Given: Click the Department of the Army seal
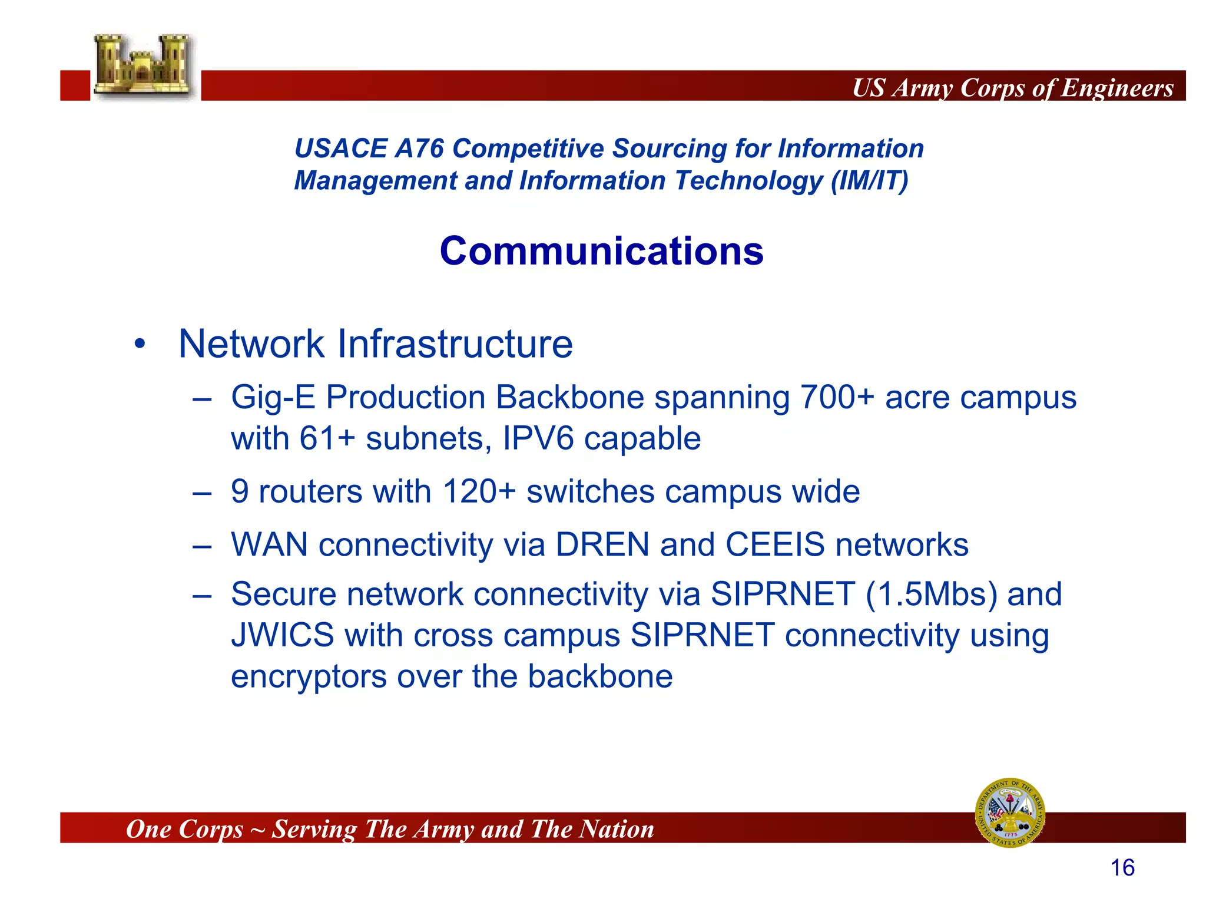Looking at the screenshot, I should click(1010, 812).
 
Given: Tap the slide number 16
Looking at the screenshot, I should click(1122, 868).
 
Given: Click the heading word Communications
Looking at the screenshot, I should click(601, 251).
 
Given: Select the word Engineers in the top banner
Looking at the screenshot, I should click(1117, 88).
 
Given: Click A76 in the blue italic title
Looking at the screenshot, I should click(419, 148).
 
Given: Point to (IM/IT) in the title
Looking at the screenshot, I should click(869, 180).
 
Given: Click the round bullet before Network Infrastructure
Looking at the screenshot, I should click(140, 344).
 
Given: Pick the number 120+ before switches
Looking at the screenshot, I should click(479, 491).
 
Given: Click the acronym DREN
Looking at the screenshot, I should click(602, 544).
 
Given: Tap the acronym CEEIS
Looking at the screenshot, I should click(774, 544).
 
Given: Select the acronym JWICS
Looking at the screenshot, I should click(283, 635).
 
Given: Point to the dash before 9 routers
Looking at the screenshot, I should click(202, 493).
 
